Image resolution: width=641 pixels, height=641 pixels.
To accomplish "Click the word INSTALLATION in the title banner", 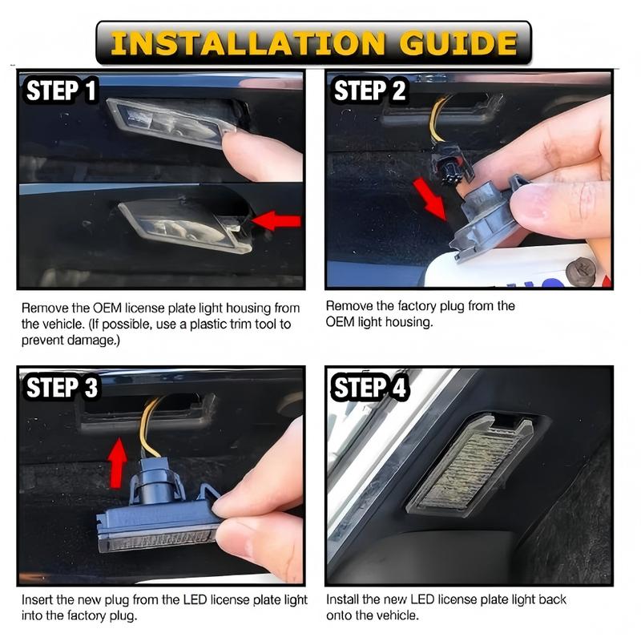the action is click(248, 43).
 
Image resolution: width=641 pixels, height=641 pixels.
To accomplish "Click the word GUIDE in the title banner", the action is click(458, 43).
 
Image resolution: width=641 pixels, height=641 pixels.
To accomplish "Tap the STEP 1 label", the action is click(62, 91).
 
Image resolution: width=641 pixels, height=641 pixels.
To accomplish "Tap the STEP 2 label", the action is click(369, 91).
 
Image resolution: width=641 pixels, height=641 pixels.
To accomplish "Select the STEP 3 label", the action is click(62, 387).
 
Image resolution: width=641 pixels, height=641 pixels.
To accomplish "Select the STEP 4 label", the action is click(370, 387).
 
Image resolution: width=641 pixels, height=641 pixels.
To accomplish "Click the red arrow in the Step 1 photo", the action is click(276, 221).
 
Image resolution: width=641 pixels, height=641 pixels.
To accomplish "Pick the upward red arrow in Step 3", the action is click(118, 463).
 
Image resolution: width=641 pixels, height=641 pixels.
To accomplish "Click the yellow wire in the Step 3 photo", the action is click(147, 427).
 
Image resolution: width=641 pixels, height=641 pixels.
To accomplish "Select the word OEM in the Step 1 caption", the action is click(107, 308).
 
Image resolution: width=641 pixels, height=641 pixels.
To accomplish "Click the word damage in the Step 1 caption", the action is click(91, 340).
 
